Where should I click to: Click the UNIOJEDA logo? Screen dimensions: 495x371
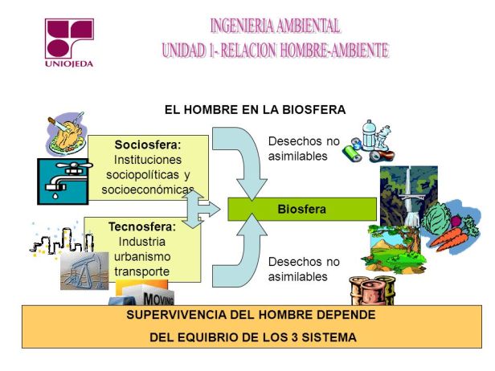tap(69, 43)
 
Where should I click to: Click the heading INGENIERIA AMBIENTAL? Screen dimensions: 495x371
tap(275, 26)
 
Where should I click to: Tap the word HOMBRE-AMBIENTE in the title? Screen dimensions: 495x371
tap(334, 51)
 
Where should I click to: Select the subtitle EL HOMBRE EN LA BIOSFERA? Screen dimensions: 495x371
tap(255, 110)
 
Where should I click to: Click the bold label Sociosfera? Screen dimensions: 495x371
tap(148, 145)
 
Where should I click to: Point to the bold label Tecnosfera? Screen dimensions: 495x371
tap(142, 226)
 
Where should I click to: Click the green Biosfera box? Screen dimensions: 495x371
tap(302, 209)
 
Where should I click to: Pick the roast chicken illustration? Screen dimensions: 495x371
tap(67, 133)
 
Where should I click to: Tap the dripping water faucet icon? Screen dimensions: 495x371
tap(63, 181)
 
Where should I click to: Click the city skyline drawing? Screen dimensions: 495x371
tap(62, 240)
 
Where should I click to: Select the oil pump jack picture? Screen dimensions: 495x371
tap(84, 271)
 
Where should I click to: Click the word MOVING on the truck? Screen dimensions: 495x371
tap(158, 299)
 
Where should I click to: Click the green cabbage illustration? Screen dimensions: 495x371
tap(436, 218)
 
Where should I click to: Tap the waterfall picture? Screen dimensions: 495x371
tap(408, 196)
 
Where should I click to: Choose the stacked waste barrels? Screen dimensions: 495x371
tap(373, 291)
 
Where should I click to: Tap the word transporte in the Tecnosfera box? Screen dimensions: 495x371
tap(141, 271)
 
